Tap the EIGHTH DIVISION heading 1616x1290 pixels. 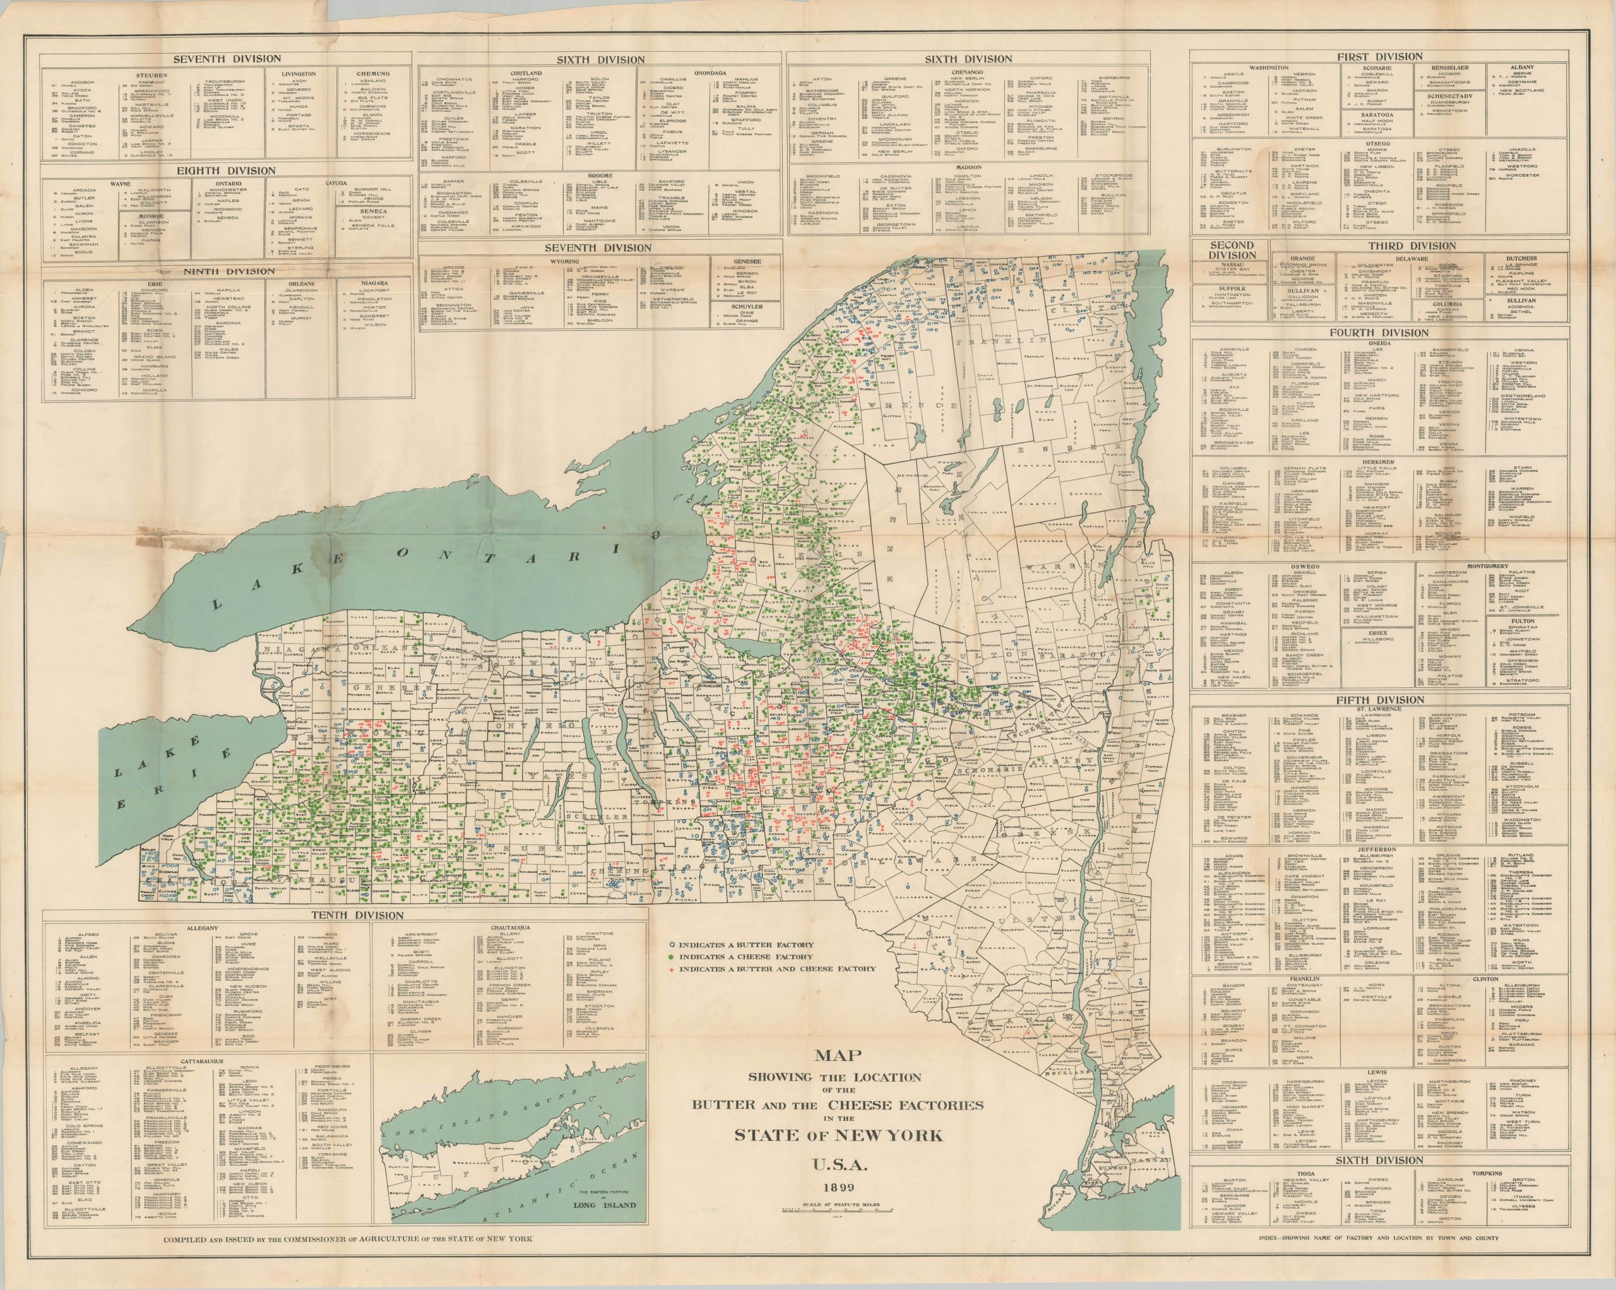(x=227, y=171)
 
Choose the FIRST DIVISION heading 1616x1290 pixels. (x=1379, y=57)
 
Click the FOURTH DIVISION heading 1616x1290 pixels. (x=1379, y=333)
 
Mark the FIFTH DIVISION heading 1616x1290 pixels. (x=1379, y=699)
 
